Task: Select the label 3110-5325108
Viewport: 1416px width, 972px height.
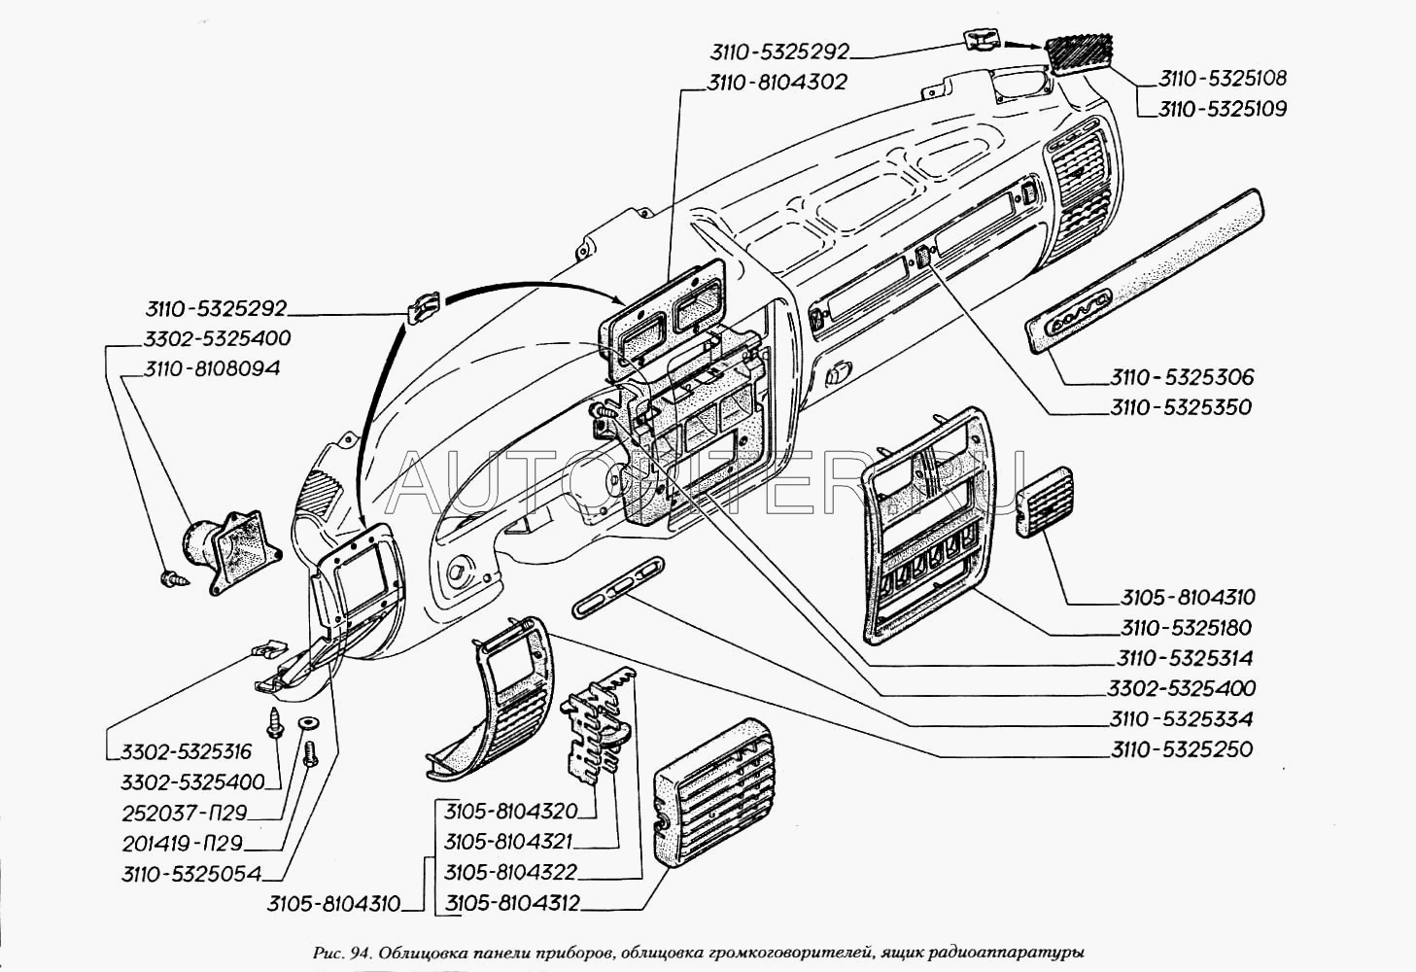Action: [x=1222, y=79]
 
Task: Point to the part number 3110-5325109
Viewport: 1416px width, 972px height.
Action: [x=1222, y=109]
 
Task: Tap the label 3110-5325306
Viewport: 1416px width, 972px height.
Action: [x=1181, y=376]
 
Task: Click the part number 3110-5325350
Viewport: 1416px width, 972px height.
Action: [x=1181, y=406]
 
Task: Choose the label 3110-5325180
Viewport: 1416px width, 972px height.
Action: [x=1186, y=627]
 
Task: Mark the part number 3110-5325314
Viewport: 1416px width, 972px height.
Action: [x=1186, y=658]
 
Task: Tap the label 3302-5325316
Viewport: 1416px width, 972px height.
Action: [x=187, y=751]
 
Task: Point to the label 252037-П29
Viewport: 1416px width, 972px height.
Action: [x=184, y=813]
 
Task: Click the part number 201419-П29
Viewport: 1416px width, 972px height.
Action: [x=182, y=844]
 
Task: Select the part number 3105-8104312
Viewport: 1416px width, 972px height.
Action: [x=512, y=904]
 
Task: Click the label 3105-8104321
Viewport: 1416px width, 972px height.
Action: [x=509, y=842]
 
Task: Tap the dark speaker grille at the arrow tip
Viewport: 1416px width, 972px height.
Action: [x=1079, y=53]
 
